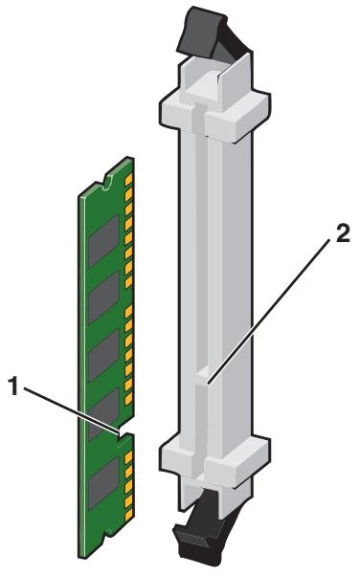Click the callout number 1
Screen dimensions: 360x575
(x=13, y=387)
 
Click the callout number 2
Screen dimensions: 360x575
(x=343, y=234)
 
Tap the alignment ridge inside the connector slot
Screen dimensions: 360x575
(x=202, y=378)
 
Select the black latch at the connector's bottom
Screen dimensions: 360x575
(x=200, y=528)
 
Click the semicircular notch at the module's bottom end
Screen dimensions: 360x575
(x=108, y=534)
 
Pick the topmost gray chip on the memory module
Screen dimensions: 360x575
(x=103, y=241)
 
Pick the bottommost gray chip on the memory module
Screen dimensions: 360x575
(x=103, y=484)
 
